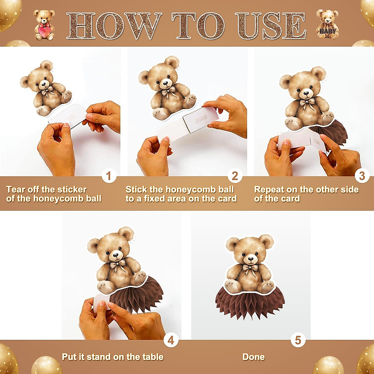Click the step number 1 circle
pyautogui.click(x=108, y=176)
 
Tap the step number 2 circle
pyautogui.click(x=235, y=176)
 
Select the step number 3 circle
pyautogui.click(x=362, y=176)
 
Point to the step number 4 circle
pyautogui.click(x=171, y=340)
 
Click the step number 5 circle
pyautogui.click(x=298, y=340)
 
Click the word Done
pyautogui.click(x=253, y=357)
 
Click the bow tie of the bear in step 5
pyautogui.click(x=250, y=268)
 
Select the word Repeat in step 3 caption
pyautogui.click(x=269, y=189)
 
